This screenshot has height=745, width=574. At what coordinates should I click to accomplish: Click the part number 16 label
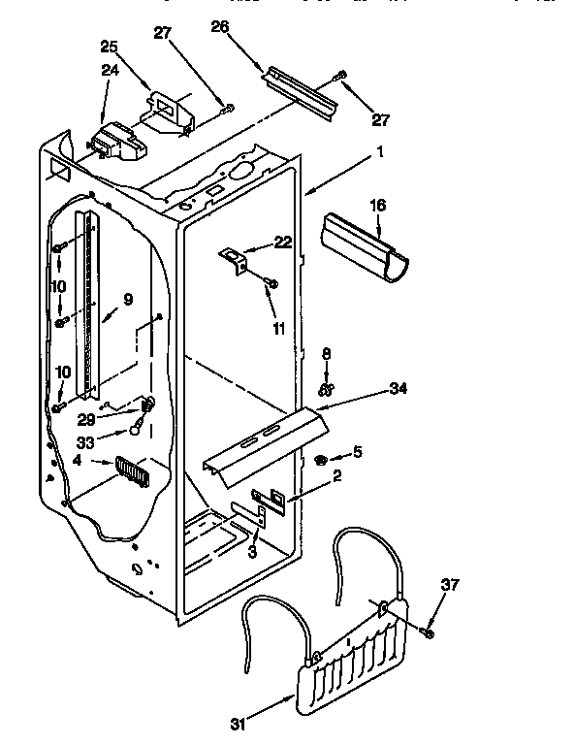(x=378, y=205)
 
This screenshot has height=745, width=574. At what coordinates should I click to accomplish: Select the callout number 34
(x=398, y=388)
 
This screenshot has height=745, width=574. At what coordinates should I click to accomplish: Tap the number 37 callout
(x=449, y=585)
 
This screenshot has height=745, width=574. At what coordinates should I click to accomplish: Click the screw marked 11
(x=271, y=283)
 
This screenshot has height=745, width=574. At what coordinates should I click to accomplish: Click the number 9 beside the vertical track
(x=127, y=299)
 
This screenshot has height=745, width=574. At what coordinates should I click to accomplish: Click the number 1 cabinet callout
(x=380, y=151)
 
